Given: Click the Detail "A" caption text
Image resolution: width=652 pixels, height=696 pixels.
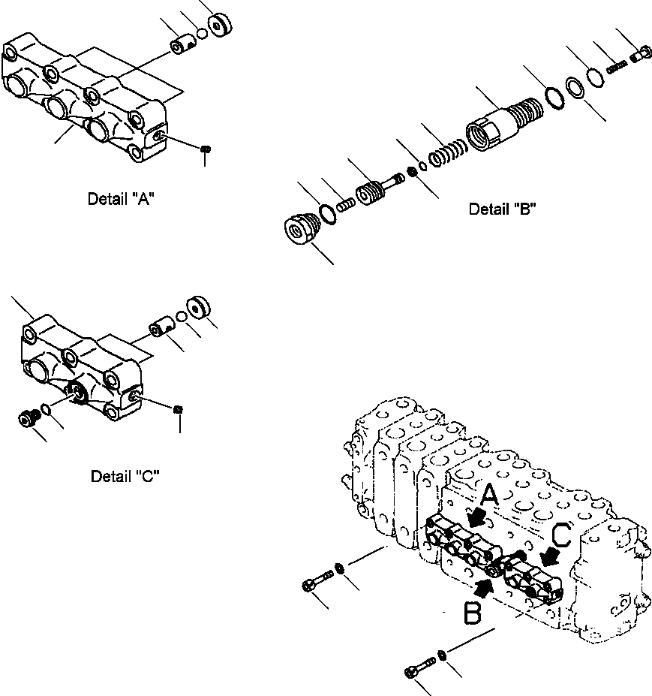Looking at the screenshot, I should [122, 199].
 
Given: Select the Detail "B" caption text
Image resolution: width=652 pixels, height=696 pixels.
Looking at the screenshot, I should [502, 209].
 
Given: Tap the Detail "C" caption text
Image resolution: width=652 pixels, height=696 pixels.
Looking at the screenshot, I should [125, 476].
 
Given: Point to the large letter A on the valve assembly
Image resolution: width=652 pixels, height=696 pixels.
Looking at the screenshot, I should [489, 496].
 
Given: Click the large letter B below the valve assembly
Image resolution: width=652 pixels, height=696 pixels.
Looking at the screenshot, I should [472, 613].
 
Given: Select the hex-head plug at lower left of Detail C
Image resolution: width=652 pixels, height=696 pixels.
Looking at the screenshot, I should [27, 417].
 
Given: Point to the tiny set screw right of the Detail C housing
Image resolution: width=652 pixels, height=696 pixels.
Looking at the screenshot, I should [179, 408].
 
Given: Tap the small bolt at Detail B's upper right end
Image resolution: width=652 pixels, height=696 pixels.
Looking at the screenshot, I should [640, 54].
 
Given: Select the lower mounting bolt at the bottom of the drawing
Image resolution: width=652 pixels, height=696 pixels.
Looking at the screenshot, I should [419, 668].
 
